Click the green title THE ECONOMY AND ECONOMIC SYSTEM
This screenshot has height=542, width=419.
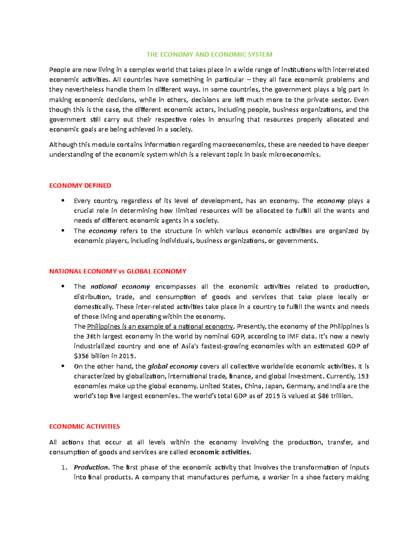tap(209, 54)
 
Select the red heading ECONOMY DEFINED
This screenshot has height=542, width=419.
tap(80, 186)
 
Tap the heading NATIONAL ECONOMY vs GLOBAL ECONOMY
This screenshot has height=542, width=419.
tap(118, 271)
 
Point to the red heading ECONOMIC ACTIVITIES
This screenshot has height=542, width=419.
tap(84, 426)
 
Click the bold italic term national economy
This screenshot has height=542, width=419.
tap(120, 287)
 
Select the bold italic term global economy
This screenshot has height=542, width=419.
tap(173, 366)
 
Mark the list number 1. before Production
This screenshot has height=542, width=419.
tap(64, 468)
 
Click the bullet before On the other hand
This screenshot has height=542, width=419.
tap(63, 366)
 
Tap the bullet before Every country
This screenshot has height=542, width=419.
tap(63, 201)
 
